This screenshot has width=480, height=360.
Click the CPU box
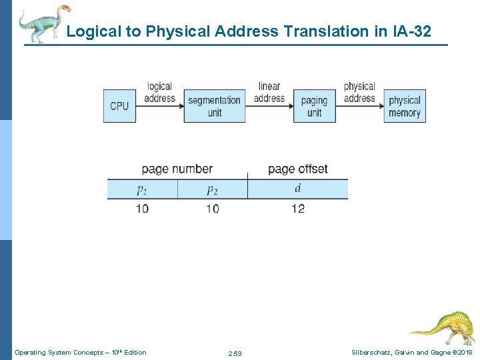pos(119,106)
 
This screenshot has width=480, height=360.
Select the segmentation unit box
pos(214,106)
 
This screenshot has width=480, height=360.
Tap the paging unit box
pos(314,106)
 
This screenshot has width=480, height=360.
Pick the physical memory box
pos(405,106)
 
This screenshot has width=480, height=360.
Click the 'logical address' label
pos(159,92)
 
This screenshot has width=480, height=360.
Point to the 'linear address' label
pos(269,92)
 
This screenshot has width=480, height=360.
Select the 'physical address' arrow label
pos(359,92)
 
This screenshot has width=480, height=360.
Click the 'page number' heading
pos(177,169)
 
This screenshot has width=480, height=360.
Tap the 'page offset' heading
pos(297,169)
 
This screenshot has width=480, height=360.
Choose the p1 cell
pos(142,189)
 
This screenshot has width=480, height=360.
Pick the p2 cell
pos(212,189)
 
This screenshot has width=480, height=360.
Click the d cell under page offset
pos(297,189)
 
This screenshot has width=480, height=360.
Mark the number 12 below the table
pos(297,209)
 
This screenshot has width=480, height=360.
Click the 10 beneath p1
pos(142,209)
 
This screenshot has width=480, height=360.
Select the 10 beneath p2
pos(212,209)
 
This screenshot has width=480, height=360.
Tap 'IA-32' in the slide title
pos(411,31)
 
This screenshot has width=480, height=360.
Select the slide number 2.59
pos(235,353)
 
